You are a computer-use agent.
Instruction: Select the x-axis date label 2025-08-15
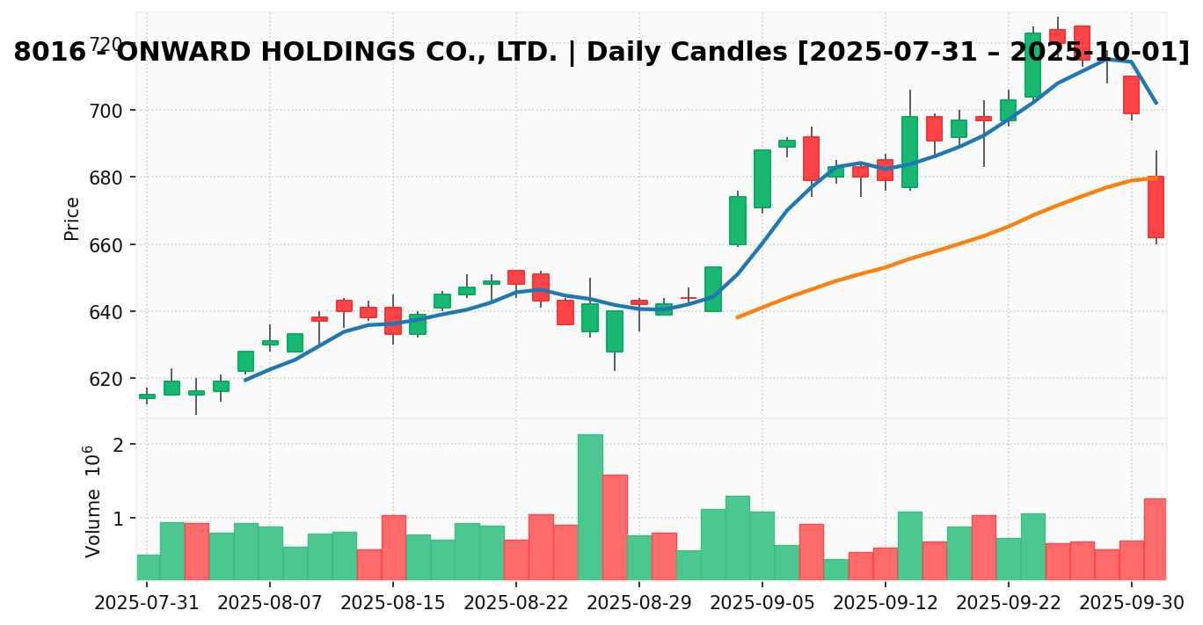point(392,604)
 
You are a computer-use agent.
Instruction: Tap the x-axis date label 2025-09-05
point(762,604)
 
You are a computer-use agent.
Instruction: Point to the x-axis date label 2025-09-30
point(1131,604)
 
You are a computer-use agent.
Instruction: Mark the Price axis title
point(72,218)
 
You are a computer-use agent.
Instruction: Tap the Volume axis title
point(92,501)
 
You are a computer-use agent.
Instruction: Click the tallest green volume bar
point(590,506)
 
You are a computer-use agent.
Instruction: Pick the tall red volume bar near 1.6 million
point(615,527)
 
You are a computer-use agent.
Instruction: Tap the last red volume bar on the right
point(1156,538)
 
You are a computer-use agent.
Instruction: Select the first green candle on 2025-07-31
point(147,396)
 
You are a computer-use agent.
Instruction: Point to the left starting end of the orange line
point(737,317)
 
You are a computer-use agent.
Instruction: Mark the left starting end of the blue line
point(245,380)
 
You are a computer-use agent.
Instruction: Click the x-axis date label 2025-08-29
point(638,604)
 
